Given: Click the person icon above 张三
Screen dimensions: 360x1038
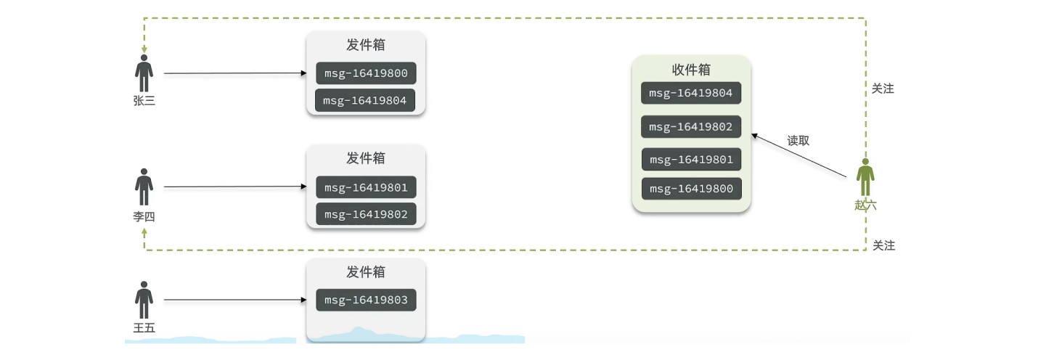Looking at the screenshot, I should pyautogui.click(x=144, y=73).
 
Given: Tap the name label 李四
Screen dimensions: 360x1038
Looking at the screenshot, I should pyautogui.click(x=144, y=216).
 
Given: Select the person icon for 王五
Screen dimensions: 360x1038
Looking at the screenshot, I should pyautogui.click(x=144, y=299).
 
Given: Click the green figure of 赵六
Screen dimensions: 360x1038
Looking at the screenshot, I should pyautogui.click(x=865, y=177).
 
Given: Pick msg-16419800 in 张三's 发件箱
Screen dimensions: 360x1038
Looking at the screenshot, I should pyautogui.click(x=366, y=74).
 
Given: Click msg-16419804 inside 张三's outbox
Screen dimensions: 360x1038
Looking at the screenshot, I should pyautogui.click(x=365, y=100).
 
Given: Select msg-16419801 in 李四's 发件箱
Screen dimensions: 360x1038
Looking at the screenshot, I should pyautogui.click(x=366, y=188).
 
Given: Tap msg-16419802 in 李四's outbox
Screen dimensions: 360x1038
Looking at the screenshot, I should pyautogui.click(x=366, y=214).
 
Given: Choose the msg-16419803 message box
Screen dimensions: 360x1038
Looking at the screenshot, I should pyautogui.click(x=366, y=300).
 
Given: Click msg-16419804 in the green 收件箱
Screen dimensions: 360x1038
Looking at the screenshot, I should pyautogui.click(x=691, y=93).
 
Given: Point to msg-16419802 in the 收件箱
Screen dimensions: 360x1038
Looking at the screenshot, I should pyautogui.click(x=691, y=126).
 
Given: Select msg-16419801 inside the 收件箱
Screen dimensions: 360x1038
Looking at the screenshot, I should pyautogui.click(x=691, y=160).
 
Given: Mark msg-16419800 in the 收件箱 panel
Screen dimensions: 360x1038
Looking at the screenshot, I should pyautogui.click(x=691, y=189).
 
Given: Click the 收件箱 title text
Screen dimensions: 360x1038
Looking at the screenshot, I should pyautogui.click(x=691, y=70).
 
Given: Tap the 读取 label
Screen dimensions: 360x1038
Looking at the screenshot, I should pyautogui.click(x=798, y=141).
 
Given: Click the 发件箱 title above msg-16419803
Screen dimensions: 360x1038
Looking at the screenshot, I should pyautogui.click(x=366, y=272).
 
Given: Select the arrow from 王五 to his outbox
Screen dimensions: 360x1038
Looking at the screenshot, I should pyautogui.click(x=232, y=299).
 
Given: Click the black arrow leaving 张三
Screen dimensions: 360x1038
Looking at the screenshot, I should pyautogui.click(x=232, y=73).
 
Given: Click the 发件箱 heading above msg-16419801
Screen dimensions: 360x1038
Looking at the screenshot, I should pyautogui.click(x=366, y=158).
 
